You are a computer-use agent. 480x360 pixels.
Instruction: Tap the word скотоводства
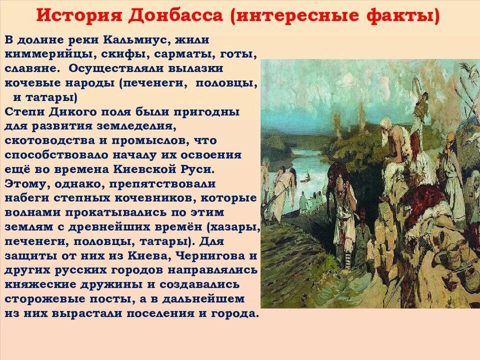coord(53,140)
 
